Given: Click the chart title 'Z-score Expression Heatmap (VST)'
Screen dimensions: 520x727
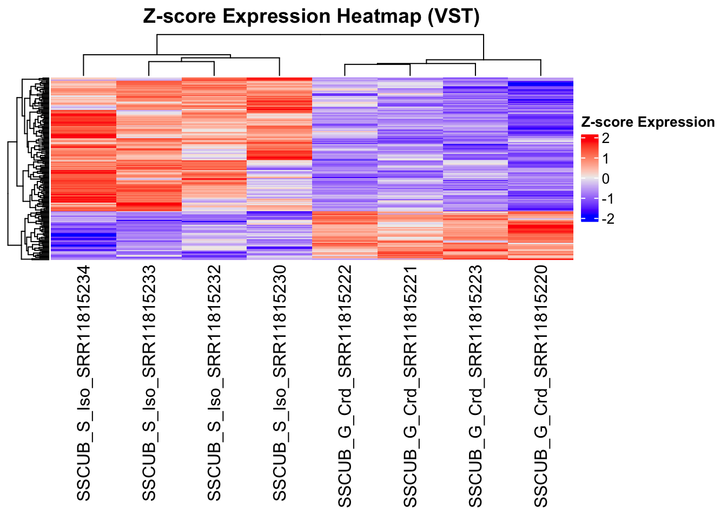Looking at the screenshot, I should (x=311, y=16).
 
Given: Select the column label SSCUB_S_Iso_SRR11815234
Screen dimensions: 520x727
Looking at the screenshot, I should (x=83, y=383).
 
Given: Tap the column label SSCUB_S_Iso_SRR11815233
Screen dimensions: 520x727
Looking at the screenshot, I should (x=149, y=383).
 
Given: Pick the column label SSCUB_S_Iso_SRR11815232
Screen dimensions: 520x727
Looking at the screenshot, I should (x=214, y=383).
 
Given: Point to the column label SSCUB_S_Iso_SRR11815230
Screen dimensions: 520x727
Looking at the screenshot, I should (x=279, y=383).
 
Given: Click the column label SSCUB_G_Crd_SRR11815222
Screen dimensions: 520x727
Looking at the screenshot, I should (x=345, y=386).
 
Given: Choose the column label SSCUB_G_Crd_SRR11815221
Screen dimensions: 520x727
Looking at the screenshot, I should (x=410, y=386).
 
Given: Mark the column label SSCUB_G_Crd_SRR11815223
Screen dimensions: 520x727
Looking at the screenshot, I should (x=475, y=386).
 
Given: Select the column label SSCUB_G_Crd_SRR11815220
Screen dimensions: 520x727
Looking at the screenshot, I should (x=541, y=386).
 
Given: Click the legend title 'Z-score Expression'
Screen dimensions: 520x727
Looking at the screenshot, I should (x=647, y=122).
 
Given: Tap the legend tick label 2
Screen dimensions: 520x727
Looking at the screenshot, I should (x=605, y=139).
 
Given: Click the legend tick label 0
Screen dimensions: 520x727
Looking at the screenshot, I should (x=605, y=179).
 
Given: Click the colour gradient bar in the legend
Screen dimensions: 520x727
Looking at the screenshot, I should (x=589, y=179).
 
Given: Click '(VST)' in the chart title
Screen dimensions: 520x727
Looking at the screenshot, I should (x=453, y=16).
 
